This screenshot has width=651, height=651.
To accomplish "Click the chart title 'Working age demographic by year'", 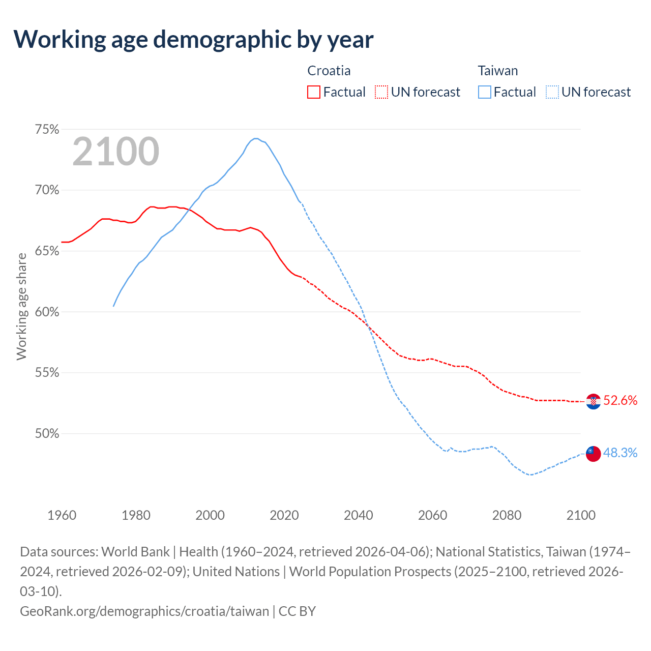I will point(193,39).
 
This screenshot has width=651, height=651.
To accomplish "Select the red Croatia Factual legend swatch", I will point(314,92).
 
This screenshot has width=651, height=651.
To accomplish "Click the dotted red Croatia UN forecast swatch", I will point(381,92).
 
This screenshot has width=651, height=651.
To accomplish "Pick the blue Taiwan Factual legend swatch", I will point(485,92).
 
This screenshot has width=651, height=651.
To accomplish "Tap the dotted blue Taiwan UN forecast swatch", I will point(552,92).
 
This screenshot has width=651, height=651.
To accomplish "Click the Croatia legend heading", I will point(329,71).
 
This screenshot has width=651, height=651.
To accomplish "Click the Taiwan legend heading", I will point(498,71).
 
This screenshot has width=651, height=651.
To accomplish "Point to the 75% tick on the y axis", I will point(47,130).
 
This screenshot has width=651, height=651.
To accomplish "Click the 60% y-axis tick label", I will point(47,312).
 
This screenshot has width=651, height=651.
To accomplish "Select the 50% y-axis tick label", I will point(47,434).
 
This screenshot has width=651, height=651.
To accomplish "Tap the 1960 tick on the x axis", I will point(62,515).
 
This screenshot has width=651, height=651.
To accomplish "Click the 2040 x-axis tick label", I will point(359,515).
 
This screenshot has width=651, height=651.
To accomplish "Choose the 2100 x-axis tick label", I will point(581,515).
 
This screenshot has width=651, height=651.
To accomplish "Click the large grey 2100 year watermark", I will point(116,152).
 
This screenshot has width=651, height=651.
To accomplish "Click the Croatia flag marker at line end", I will point(593,401).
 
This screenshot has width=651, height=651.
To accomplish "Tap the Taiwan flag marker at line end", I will point(593,453).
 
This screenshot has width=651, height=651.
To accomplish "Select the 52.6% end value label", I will point(620,401).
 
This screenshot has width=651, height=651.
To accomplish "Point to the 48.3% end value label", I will point(620,453).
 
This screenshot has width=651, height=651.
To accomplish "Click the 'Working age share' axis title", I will point(21,307).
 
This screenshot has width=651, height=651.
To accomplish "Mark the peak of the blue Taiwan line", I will point(256,138).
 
